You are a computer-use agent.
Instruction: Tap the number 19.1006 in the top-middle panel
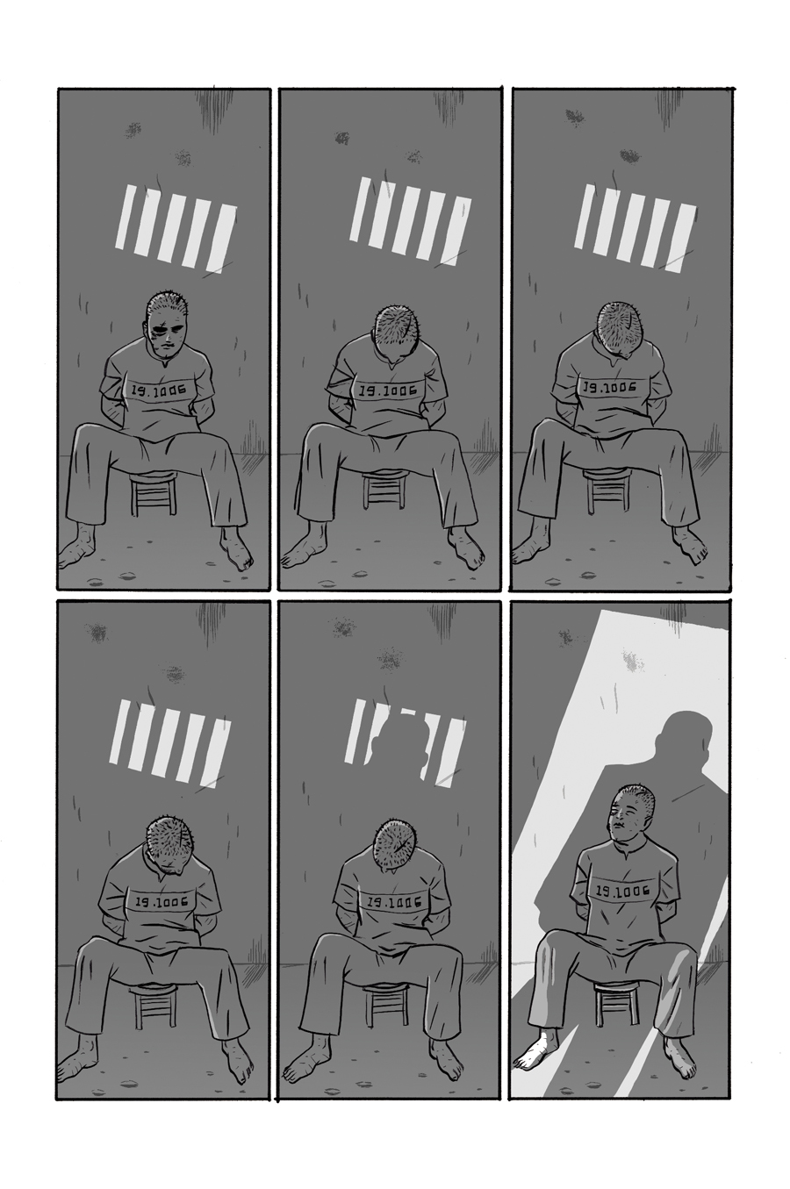point(386,391)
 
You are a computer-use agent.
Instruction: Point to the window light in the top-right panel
point(636,229)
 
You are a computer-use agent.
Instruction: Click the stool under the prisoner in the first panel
point(154,492)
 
